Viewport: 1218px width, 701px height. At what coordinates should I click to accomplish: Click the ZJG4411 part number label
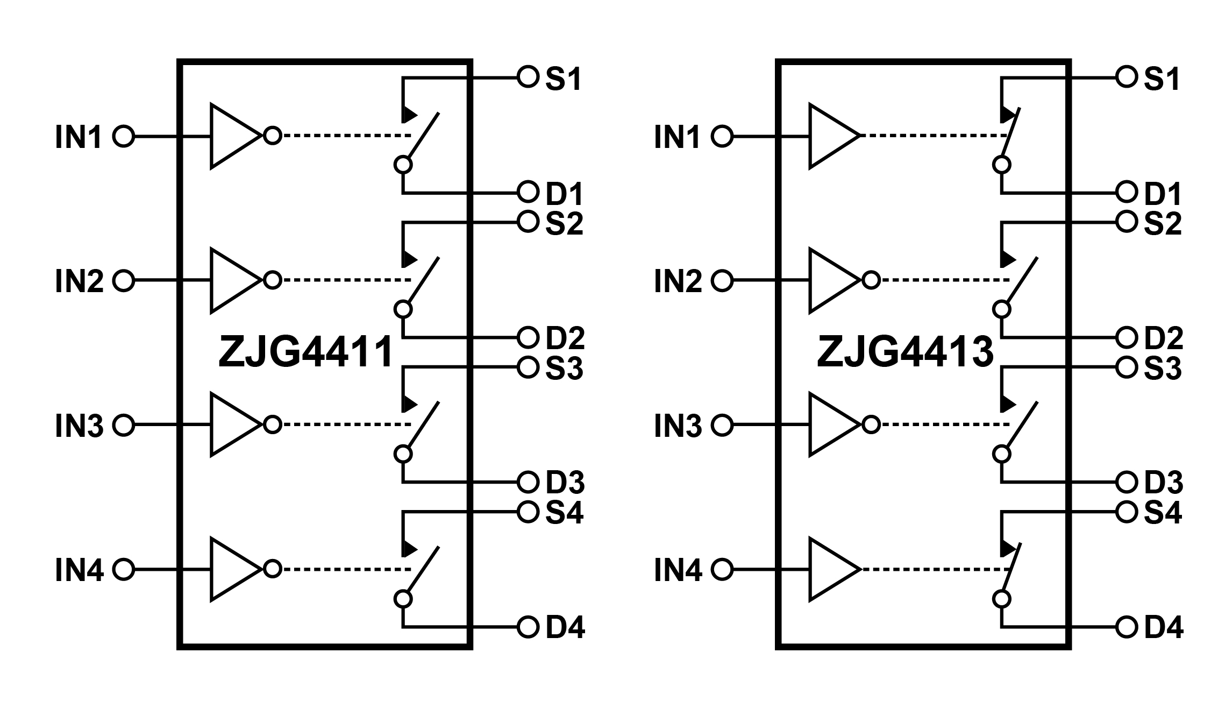305,352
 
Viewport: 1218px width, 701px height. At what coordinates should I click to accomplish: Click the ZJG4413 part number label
905,352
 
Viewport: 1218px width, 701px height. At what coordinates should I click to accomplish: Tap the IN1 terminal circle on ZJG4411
124,137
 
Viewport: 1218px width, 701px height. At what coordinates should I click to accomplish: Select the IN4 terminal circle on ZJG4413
722,569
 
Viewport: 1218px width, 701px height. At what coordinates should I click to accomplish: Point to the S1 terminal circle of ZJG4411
528,77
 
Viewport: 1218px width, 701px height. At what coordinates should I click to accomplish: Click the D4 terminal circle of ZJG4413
1126,627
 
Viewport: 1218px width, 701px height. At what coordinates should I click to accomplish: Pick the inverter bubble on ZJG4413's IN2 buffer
871,280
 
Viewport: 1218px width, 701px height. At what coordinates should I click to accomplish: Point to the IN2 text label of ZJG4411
79,281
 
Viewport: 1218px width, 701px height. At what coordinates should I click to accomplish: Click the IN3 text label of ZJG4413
678,426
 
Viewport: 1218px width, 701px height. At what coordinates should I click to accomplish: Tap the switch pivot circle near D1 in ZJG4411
403,165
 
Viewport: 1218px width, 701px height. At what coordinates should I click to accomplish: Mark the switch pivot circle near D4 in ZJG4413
1001,599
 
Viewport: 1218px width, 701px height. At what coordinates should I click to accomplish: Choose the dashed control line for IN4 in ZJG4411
346,569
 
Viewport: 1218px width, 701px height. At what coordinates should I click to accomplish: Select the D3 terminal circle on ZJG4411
528,482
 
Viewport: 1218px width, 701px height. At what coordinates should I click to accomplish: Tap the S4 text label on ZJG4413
1163,513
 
